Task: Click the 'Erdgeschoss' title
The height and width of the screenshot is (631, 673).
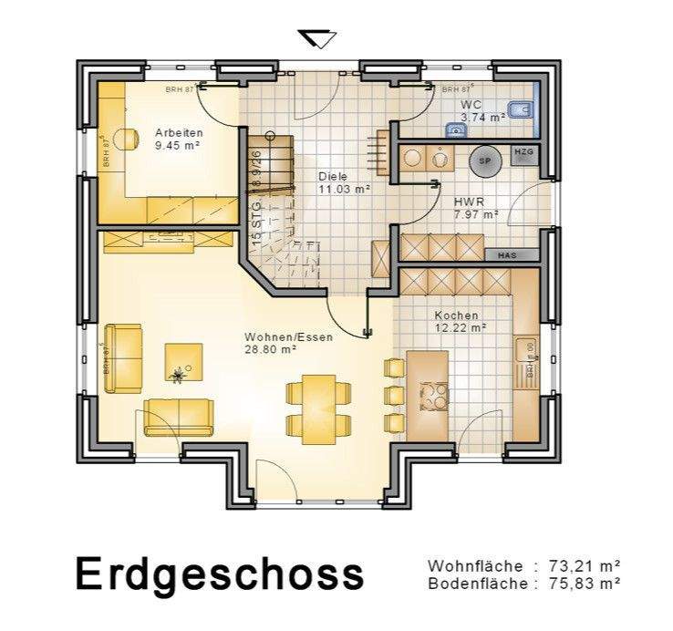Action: click(219, 574)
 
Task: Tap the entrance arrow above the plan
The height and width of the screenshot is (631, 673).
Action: click(317, 38)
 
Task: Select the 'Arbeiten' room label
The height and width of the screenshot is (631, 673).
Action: click(178, 132)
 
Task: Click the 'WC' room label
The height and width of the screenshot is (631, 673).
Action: click(471, 105)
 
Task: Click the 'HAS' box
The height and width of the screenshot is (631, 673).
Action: click(507, 255)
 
